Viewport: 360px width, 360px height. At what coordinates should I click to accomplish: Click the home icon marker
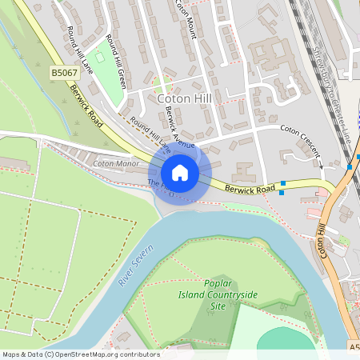pos(180,173)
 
